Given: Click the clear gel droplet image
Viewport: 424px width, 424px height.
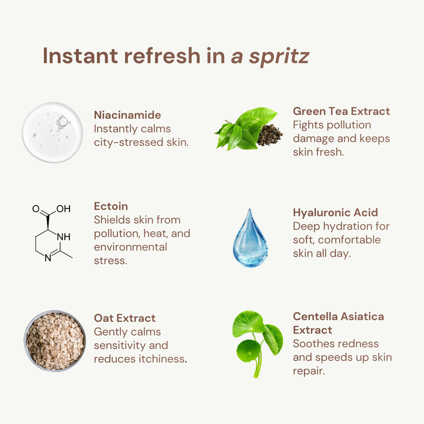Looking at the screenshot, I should pos(53,133).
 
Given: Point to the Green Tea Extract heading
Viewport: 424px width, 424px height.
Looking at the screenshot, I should pos(341,111).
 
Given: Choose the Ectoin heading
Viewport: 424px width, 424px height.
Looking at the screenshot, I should pos(111,206).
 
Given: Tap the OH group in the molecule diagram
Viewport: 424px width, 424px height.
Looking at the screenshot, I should pos(63,209).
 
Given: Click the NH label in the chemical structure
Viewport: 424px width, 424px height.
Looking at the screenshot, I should pos(63,237).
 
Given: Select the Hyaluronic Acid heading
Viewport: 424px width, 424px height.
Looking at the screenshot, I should pos(335,212).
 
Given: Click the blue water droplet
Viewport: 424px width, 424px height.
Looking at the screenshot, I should pos(250,240).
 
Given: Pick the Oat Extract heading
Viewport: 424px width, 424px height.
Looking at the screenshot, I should pos(125,318).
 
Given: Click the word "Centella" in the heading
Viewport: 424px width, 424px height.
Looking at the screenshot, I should pos(316,316).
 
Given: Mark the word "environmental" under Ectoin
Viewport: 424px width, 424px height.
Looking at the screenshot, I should pos(131,247).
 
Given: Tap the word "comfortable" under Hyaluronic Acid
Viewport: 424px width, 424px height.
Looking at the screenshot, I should pos(349,240).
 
